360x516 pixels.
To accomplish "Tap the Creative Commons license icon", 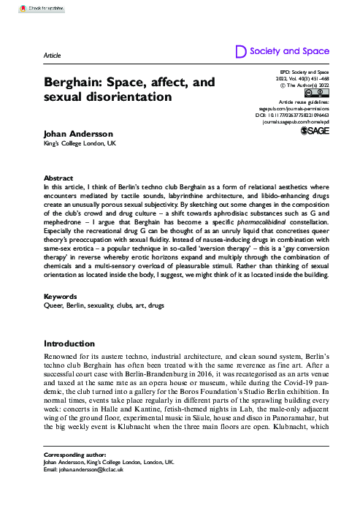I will click(x=319, y=93).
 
